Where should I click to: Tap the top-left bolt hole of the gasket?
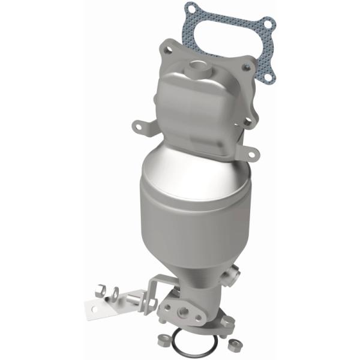pyautogui.click(x=191, y=10)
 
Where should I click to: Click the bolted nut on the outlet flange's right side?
pyautogui.click(x=226, y=321)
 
